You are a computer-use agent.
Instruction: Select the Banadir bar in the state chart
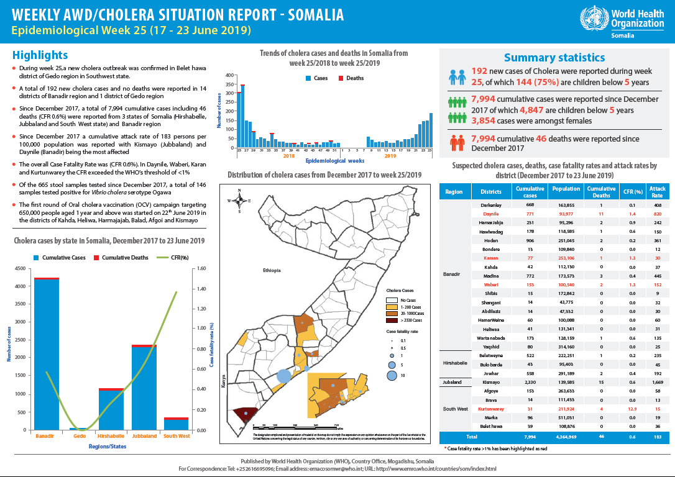point(47,354)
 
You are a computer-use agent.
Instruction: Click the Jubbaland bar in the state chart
point(144,388)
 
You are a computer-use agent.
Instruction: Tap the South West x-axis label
point(177,436)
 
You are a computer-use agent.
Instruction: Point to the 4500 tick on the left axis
point(20,269)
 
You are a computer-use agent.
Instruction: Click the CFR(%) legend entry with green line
point(168,257)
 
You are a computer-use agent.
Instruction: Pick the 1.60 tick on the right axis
point(202,269)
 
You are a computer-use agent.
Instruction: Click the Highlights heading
point(40,55)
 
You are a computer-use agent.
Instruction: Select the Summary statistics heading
point(554,58)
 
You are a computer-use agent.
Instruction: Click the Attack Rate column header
point(657,192)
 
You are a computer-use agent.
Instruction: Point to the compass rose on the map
point(239,200)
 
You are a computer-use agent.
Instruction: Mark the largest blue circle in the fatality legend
point(392,375)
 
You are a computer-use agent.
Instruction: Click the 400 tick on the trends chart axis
point(229,76)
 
